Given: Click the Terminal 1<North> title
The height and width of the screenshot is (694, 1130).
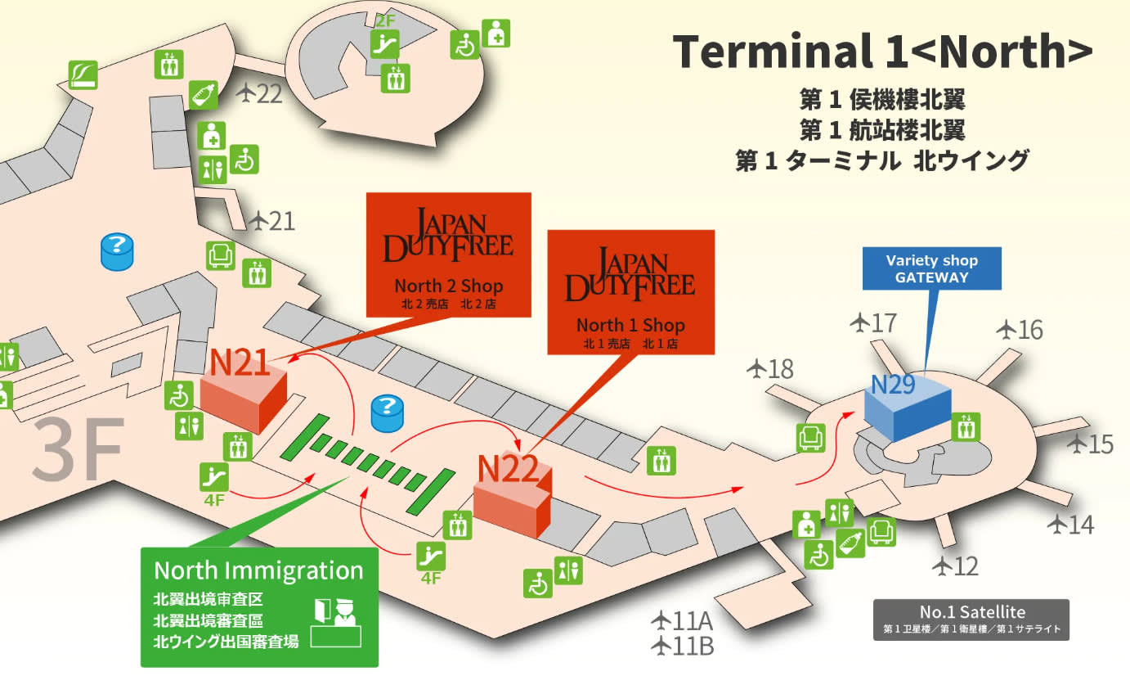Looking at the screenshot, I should click(883, 51).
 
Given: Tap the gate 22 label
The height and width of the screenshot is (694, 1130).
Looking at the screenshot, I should click(259, 94).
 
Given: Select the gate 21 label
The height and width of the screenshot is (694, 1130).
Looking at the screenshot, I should click(272, 221).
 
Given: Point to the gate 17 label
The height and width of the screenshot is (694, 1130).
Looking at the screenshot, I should click(873, 323).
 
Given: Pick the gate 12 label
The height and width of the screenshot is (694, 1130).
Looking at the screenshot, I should click(956, 566).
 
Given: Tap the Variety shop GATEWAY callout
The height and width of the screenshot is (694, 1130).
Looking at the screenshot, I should click(931, 268).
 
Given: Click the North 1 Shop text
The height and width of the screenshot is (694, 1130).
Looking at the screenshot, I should click(630, 325).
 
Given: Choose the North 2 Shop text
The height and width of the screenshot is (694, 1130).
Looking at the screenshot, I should click(448, 286).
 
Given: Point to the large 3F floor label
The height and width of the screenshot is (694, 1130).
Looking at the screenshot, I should click(78, 448).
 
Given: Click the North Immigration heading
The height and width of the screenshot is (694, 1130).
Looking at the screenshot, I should click(258, 570).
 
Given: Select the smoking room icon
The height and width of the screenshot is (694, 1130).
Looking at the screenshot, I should click(83, 74).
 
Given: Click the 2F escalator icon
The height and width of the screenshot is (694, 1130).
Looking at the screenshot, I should click(384, 44).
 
